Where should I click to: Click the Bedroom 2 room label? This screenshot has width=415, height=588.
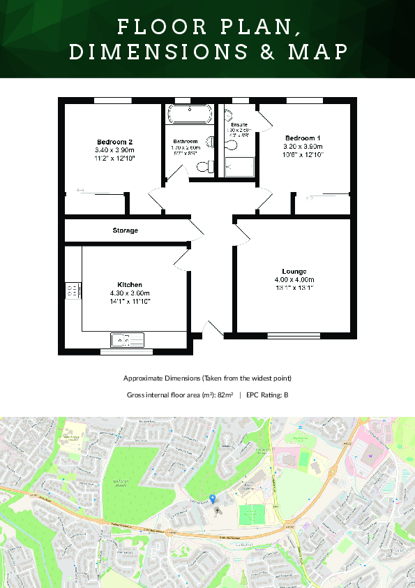tap(114, 142)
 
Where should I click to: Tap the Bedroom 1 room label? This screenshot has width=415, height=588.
tap(303, 138)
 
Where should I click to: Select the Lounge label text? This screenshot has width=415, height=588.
tap(294, 271)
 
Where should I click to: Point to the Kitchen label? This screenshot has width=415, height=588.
tap(130, 285)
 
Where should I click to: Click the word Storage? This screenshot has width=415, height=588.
tap(126, 230)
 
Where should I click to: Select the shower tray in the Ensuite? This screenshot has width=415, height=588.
tap(239, 167)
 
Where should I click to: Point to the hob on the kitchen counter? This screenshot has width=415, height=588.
tap(73, 291)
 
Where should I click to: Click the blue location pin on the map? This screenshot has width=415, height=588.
tap(213, 498)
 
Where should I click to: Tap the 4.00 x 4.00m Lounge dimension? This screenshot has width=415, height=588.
tap(294, 279)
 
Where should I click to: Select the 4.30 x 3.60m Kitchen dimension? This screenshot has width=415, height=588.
tap(130, 293)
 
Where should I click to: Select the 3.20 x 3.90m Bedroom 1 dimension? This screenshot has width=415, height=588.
tap(303, 147)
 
